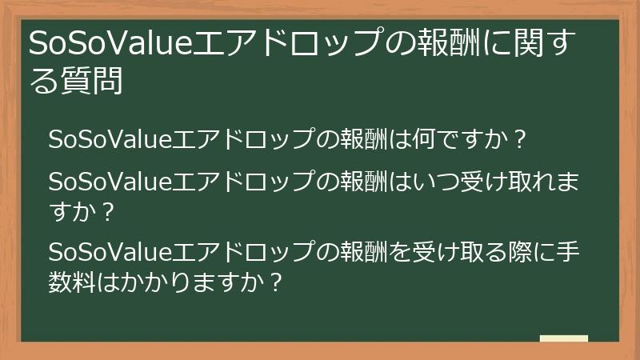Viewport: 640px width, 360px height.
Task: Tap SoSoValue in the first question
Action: coord(106,138)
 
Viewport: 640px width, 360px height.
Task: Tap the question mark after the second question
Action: coord(109,212)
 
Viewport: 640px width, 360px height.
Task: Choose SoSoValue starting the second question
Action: coord(106,182)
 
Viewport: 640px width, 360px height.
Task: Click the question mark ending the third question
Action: coord(276,282)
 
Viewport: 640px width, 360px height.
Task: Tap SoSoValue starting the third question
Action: coord(106,253)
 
